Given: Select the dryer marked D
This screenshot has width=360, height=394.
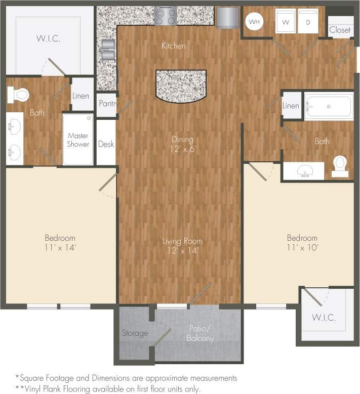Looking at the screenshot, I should coord(307,22).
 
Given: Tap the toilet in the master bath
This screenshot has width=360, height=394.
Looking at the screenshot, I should coord(20,94).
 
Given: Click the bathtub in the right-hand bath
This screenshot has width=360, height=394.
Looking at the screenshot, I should coord(329,107).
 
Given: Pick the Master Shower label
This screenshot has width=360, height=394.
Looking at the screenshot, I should coord(78,140).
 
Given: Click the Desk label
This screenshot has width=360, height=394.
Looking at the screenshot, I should coord(106,144).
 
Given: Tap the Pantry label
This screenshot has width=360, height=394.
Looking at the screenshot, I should coord(107,104).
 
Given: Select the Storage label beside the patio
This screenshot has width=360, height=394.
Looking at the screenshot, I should coord(135,333).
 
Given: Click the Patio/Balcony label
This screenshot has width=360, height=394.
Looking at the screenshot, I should coord(199,334).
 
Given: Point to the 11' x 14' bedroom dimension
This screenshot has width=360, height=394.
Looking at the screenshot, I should coord(60,247).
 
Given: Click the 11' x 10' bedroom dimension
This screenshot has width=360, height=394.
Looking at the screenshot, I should coord(302,247).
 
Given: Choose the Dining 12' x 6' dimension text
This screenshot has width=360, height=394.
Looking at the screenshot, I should coord(182,149).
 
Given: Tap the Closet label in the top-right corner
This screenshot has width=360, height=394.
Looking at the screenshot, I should coord(340,30).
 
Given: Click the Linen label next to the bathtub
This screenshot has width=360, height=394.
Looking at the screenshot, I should coord(291,106).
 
